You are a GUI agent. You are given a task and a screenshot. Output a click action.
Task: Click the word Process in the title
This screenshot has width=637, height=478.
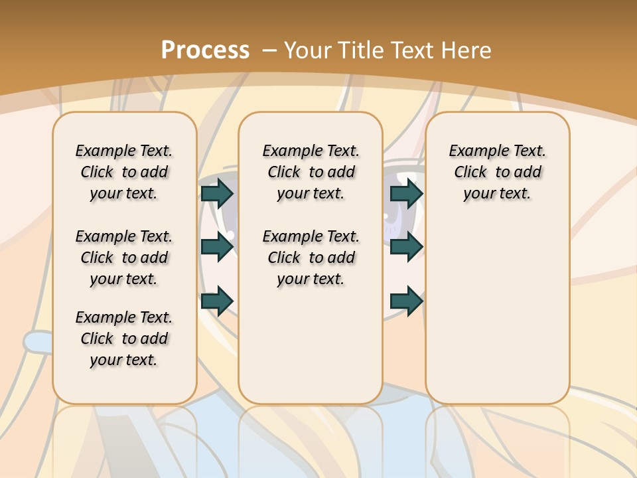coord(205,50)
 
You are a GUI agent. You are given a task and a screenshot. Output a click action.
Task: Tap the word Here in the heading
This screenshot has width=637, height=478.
coord(464,50)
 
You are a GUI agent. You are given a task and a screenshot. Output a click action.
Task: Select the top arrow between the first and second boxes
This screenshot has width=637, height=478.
coord(217,193)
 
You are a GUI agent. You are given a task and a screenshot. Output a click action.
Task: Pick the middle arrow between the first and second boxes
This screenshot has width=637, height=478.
coord(217,247)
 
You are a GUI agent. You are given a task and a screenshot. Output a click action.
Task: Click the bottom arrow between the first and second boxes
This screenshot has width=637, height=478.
coord(217,301)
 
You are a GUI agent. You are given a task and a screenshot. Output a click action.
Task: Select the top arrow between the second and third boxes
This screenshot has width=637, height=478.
coord(407,193)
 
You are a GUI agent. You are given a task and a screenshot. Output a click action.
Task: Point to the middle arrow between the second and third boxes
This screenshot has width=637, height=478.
coord(407,247)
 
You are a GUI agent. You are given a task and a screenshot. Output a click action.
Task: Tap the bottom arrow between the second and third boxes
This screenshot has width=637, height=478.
coord(407,301)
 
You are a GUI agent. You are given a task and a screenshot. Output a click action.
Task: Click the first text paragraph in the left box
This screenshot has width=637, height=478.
coord(124,172)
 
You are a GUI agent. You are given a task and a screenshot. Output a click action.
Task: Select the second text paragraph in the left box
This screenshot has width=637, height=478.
coord(124,258)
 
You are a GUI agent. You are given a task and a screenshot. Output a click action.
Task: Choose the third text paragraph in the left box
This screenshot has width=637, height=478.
coord(124,339)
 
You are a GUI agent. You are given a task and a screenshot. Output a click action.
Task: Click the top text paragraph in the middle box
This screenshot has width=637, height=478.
coord(311,172)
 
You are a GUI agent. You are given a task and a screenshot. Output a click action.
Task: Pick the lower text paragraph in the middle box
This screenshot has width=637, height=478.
coord(311,258)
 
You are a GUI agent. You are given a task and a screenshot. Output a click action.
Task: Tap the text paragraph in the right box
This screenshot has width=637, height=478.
coord(498,172)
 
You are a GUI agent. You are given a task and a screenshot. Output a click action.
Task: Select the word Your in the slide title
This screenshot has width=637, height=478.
coord(309,50)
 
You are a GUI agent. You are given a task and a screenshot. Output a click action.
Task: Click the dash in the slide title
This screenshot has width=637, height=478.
coord(269,50)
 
